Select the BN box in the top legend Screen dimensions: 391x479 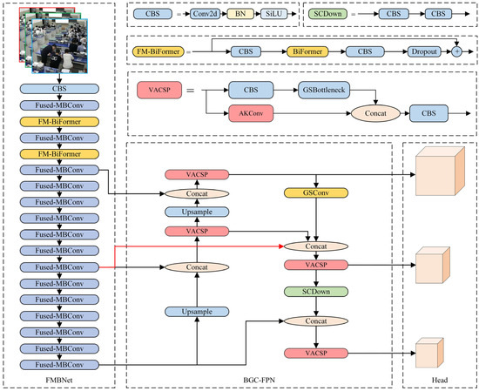click(239, 14)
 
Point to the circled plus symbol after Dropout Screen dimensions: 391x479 click(456, 52)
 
